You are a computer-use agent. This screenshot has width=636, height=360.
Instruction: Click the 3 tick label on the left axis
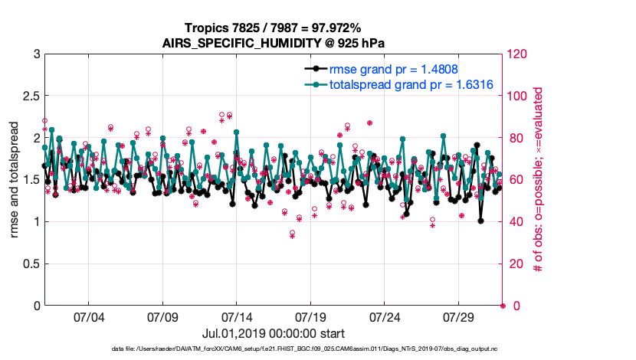tap(36, 54)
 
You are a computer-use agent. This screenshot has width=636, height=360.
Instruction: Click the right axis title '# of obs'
tap(539, 180)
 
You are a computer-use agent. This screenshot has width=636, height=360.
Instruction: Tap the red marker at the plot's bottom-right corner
tap(503, 306)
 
